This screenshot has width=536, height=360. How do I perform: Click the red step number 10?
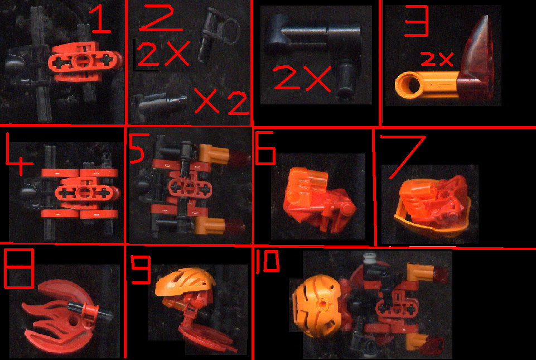tap(267, 263)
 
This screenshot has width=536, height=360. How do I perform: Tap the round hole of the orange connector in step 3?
tap(408, 86)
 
